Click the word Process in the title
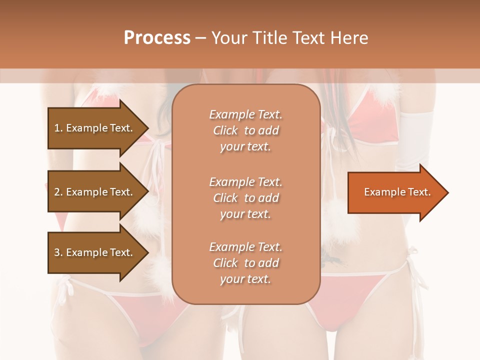point(157,38)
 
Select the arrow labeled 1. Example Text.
point(95,128)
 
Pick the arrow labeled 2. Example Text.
point(95,192)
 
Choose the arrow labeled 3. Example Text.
point(95,252)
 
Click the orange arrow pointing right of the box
point(395,192)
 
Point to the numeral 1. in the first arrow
point(58,128)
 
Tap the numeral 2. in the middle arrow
point(58,192)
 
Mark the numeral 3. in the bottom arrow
point(58,252)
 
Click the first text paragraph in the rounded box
point(245,130)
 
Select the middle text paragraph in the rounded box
point(245,197)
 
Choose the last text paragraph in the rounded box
point(245,263)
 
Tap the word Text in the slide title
point(307,38)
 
